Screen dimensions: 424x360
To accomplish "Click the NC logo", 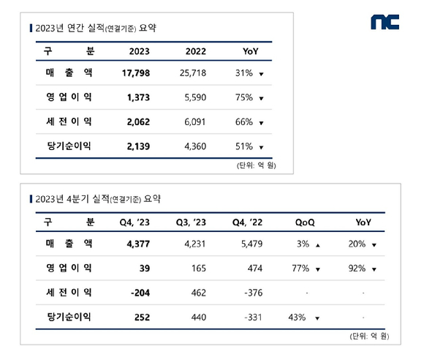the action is [385, 22].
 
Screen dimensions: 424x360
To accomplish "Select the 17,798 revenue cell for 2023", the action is [136, 73].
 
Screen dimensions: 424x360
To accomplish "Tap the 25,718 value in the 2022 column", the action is [193, 73].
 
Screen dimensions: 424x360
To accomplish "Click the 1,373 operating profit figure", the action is [138, 97].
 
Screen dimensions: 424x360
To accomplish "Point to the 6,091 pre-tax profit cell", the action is [195, 121].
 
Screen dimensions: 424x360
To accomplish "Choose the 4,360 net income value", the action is [195, 146].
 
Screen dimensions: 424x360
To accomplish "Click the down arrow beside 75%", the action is [261, 99].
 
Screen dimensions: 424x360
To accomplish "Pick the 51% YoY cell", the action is [244, 146].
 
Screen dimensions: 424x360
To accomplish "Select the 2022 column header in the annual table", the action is [196, 51].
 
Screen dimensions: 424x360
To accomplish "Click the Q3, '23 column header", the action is [191, 222].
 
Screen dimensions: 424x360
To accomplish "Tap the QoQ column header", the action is [305, 222].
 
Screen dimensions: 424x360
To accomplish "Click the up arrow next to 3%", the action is [318, 245].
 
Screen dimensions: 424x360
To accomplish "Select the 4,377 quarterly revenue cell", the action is [138, 244].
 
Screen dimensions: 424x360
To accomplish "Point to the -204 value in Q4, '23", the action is [140, 293].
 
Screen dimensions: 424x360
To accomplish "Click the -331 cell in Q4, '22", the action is [253, 318].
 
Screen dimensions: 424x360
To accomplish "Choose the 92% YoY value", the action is [357, 269].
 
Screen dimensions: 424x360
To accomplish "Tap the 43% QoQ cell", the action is [297, 318].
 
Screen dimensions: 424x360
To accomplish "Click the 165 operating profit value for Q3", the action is [199, 269].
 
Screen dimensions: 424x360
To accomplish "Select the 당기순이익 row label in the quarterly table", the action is [69, 317].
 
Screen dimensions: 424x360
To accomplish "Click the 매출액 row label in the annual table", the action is [69, 72].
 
